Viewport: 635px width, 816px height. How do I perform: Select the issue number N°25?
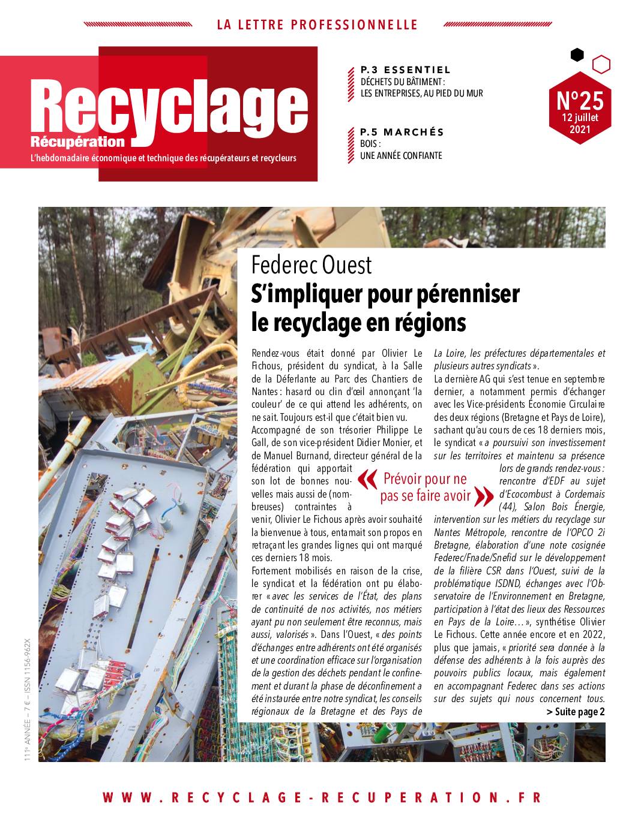[579, 99]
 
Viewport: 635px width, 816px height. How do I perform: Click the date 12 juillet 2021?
[579, 123]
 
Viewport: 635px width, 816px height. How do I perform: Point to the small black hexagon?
[577, 55]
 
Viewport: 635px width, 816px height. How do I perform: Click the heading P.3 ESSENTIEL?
[405, 70]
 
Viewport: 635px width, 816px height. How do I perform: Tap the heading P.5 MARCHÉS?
[402, 132]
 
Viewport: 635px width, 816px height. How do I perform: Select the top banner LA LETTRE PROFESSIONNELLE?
[317, 25]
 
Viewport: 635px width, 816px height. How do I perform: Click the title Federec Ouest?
[311, 265]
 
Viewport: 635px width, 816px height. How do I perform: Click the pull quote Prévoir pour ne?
[425, 479]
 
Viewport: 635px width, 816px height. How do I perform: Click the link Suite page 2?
[576, 712]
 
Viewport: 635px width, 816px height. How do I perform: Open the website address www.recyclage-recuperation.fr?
[322, 797]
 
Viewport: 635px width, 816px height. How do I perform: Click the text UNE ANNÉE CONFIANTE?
[401, 156]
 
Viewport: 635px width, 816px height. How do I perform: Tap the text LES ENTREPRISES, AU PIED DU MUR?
[421, 94]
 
